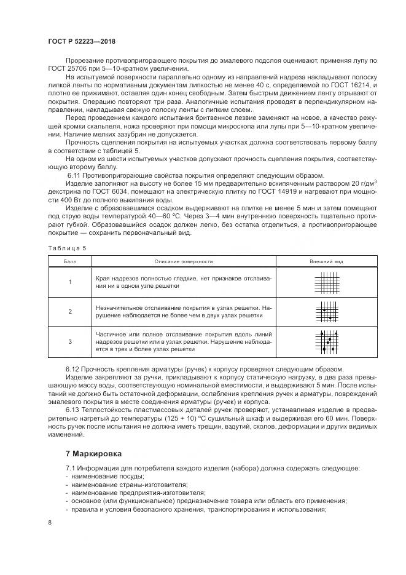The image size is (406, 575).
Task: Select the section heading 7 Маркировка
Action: click(94, 453)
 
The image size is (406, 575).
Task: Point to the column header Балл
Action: click(69, 261)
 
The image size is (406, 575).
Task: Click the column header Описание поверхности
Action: click(183, 261)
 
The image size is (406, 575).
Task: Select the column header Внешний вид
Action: click(326, 261)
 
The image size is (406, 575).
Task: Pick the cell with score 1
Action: click(69, 282)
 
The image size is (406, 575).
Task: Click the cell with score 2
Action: click(69, 312)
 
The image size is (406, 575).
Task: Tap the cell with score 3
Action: click(69, 341)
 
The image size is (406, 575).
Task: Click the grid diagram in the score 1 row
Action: click(326, 282)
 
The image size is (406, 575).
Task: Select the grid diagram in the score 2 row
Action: click(326, 312)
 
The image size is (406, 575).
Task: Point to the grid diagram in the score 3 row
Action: click(326, 341)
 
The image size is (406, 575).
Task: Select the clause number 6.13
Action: click(74, 408)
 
